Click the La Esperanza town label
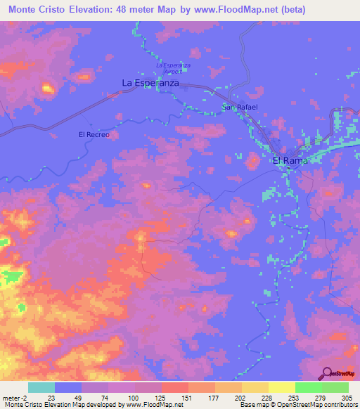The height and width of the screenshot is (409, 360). (150, 83)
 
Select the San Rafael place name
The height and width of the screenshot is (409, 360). (240, 107)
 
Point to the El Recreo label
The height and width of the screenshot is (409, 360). (94, 134)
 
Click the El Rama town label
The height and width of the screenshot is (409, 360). (290, 160)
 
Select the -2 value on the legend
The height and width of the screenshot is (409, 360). (24, 397)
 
